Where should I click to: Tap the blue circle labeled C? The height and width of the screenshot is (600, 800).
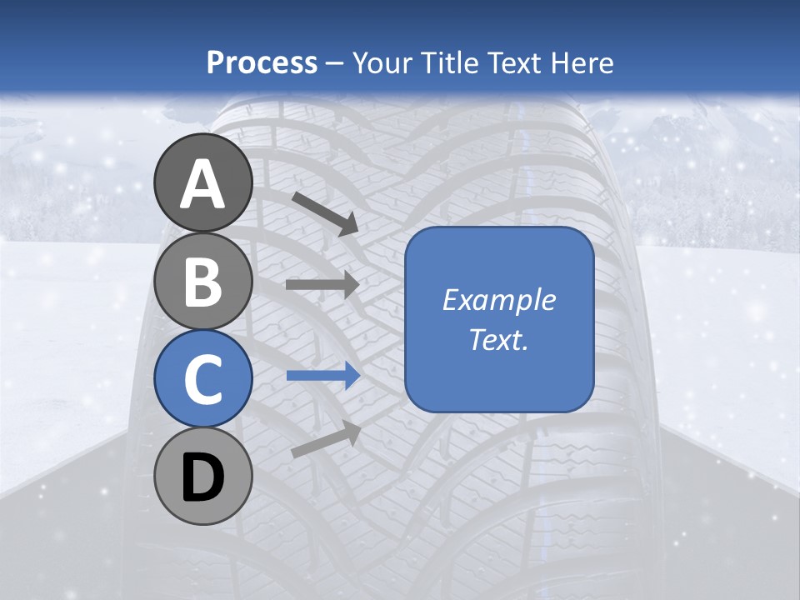(204, 379)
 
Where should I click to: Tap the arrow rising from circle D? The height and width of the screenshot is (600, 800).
(326, 439)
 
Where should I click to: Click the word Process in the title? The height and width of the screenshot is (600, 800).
(262, 63)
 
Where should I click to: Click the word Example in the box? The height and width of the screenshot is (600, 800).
(499, 300)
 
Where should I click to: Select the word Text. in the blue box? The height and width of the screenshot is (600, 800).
(499, 339)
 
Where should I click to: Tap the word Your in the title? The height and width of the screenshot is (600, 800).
(383, 63)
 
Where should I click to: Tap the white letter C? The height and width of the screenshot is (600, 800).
(204, 379)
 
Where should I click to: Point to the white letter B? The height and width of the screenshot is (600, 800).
(204, 282)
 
